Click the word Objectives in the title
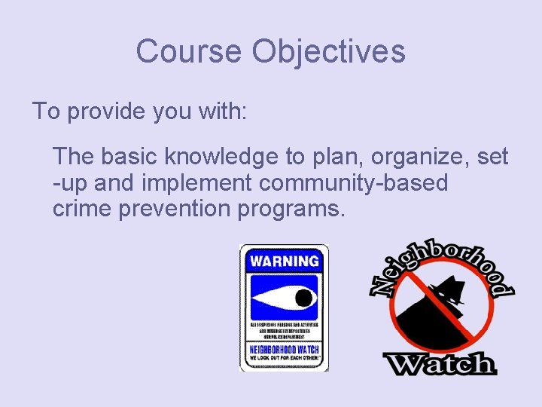coord(329,52)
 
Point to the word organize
coord(425,157)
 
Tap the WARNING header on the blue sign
coord(284,262)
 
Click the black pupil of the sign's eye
coord(303,298)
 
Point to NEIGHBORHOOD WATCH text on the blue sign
coord(284,350)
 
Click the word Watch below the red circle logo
coord(440,364)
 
